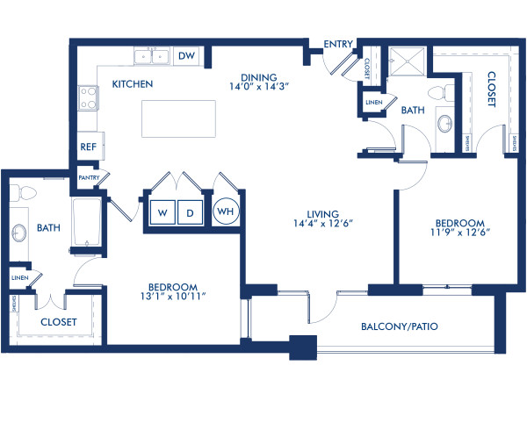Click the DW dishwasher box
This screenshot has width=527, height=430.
186,56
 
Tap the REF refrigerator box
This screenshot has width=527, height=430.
88,147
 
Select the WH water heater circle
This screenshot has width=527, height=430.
224,211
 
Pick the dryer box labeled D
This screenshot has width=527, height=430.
189,211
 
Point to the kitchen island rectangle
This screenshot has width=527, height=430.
178,118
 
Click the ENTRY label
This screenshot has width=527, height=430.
338,44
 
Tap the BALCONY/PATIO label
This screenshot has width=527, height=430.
400,326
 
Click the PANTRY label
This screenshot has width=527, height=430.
89,177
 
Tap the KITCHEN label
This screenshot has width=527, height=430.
133,84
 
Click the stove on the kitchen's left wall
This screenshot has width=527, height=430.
89,97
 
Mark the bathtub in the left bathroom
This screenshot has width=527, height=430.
86,224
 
